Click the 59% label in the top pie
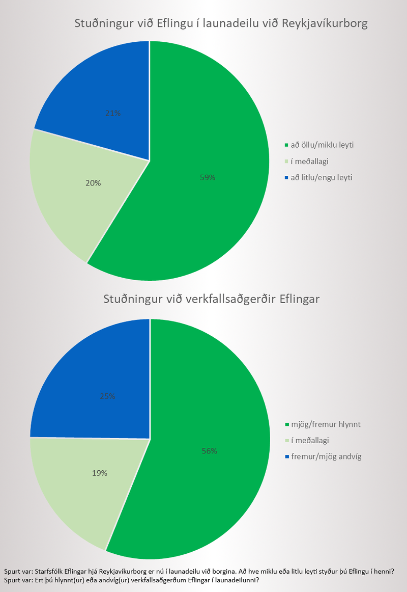[x=208, y=178]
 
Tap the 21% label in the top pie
[x=113, y=113]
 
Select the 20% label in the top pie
[x=93, y=183]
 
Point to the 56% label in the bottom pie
[x=209, y=451]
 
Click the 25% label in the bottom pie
[x=107, y=396]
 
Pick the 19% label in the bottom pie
[x=100, y=473]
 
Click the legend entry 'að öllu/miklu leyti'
[x=323, y=145]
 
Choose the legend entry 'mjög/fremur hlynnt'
[x=326, y=424]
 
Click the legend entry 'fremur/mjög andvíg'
[x=326, y=456]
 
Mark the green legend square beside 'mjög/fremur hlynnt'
[x=287, y=424]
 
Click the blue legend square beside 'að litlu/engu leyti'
[x=287, y=178]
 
